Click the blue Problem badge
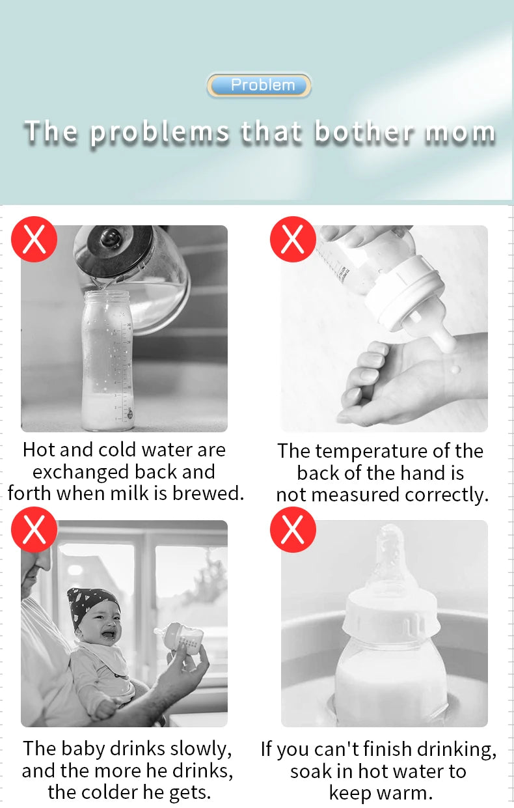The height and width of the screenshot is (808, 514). pos(259,85)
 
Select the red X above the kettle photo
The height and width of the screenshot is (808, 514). pos(34,240)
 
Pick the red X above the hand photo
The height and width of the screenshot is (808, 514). pos(293,240)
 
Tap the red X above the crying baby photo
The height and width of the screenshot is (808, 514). pos(34,530)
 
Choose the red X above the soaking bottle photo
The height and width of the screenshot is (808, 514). pos(293,530)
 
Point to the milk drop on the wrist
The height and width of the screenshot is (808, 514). pos(455,369)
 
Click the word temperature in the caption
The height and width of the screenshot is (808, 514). pos(373,451)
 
